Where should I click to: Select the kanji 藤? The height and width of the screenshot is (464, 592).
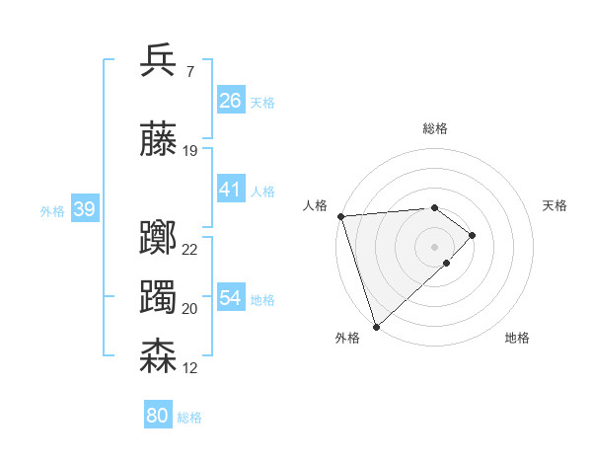click(x=158, y=139)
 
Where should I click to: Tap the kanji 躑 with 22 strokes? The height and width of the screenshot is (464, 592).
click(x=158, y=238)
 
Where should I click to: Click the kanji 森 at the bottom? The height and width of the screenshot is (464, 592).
click(x=158, y=356)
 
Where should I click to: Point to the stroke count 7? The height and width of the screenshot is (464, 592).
click(x=189, y=72)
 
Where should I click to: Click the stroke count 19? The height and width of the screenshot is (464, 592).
click(x=190, y=151)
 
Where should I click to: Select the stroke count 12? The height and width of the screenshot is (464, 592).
click(x=190, y=368)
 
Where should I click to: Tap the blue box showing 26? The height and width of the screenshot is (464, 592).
click(x=231, y=101)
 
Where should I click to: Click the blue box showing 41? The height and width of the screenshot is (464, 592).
click(x=231, y=190)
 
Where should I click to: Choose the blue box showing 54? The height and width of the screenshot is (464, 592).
click(x=231, y=298)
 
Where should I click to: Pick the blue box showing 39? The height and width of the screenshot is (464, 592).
click(x=84, y=209)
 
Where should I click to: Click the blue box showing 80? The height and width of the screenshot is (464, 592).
click(x=157, y=416)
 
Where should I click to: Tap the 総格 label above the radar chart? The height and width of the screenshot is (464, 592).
click(x=434, y=128)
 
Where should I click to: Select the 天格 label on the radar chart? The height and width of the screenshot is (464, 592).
click(x=555, y=205)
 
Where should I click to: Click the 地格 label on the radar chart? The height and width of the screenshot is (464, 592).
click(x=517, y=338)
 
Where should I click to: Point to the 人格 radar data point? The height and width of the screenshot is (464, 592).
click(x=340, y=216)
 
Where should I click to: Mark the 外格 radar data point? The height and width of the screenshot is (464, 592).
click(x=376, y=325)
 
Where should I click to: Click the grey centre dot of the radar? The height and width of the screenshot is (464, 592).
click(x=434, y=246)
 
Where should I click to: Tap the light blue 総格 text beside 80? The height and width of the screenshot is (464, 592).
click(x=189, y=418)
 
